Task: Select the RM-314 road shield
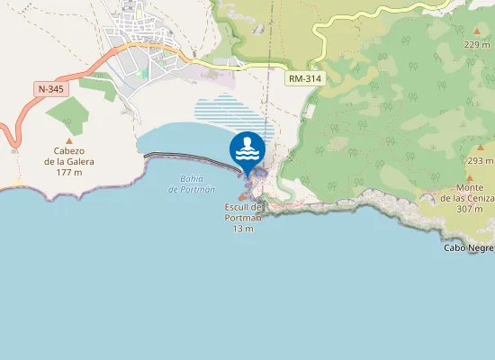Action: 305,79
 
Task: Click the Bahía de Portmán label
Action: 192,184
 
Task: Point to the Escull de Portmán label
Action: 243,212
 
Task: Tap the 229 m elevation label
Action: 476,44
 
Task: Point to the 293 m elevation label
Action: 481,160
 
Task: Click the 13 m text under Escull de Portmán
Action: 243,229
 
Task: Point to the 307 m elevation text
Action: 470,209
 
